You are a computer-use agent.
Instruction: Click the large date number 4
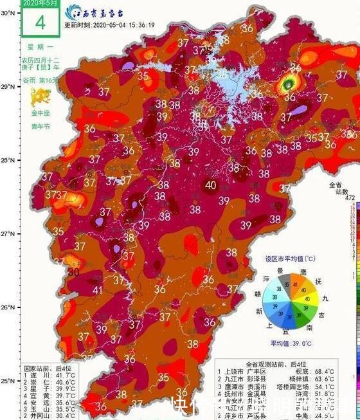tap(40, 22)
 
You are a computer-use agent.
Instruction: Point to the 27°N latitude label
tap(7, 234)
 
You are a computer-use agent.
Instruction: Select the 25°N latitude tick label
tap(7, 381)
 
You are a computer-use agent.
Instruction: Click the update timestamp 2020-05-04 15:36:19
tap(119, 25)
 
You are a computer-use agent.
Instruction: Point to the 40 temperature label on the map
tap(210, 185)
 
